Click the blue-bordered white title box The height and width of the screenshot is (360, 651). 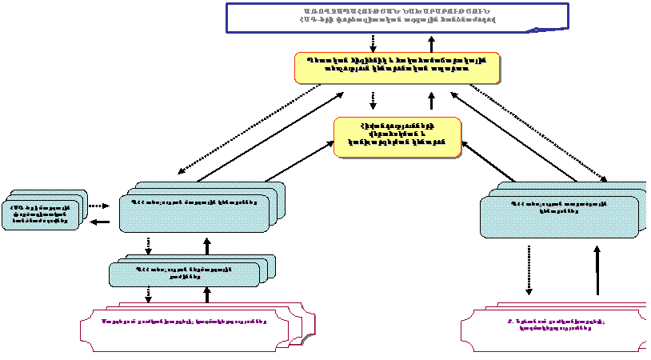click(x=397, y=17)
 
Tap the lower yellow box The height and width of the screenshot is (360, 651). click(x=397, y=136)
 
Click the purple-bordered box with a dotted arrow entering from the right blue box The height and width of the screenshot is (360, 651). click(x=552, y=327)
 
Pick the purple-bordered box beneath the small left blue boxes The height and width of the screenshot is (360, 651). click(x=185, y=327)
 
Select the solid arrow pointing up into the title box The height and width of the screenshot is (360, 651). click(x=432, y=43)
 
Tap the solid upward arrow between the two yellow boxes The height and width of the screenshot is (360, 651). click(x=432, y=101)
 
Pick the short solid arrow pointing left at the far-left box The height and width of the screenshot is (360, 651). click(x=100, y=222)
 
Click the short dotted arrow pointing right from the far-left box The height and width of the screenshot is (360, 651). click(x=98, y=206)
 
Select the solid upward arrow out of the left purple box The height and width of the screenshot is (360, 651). click(x=207, y=294)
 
